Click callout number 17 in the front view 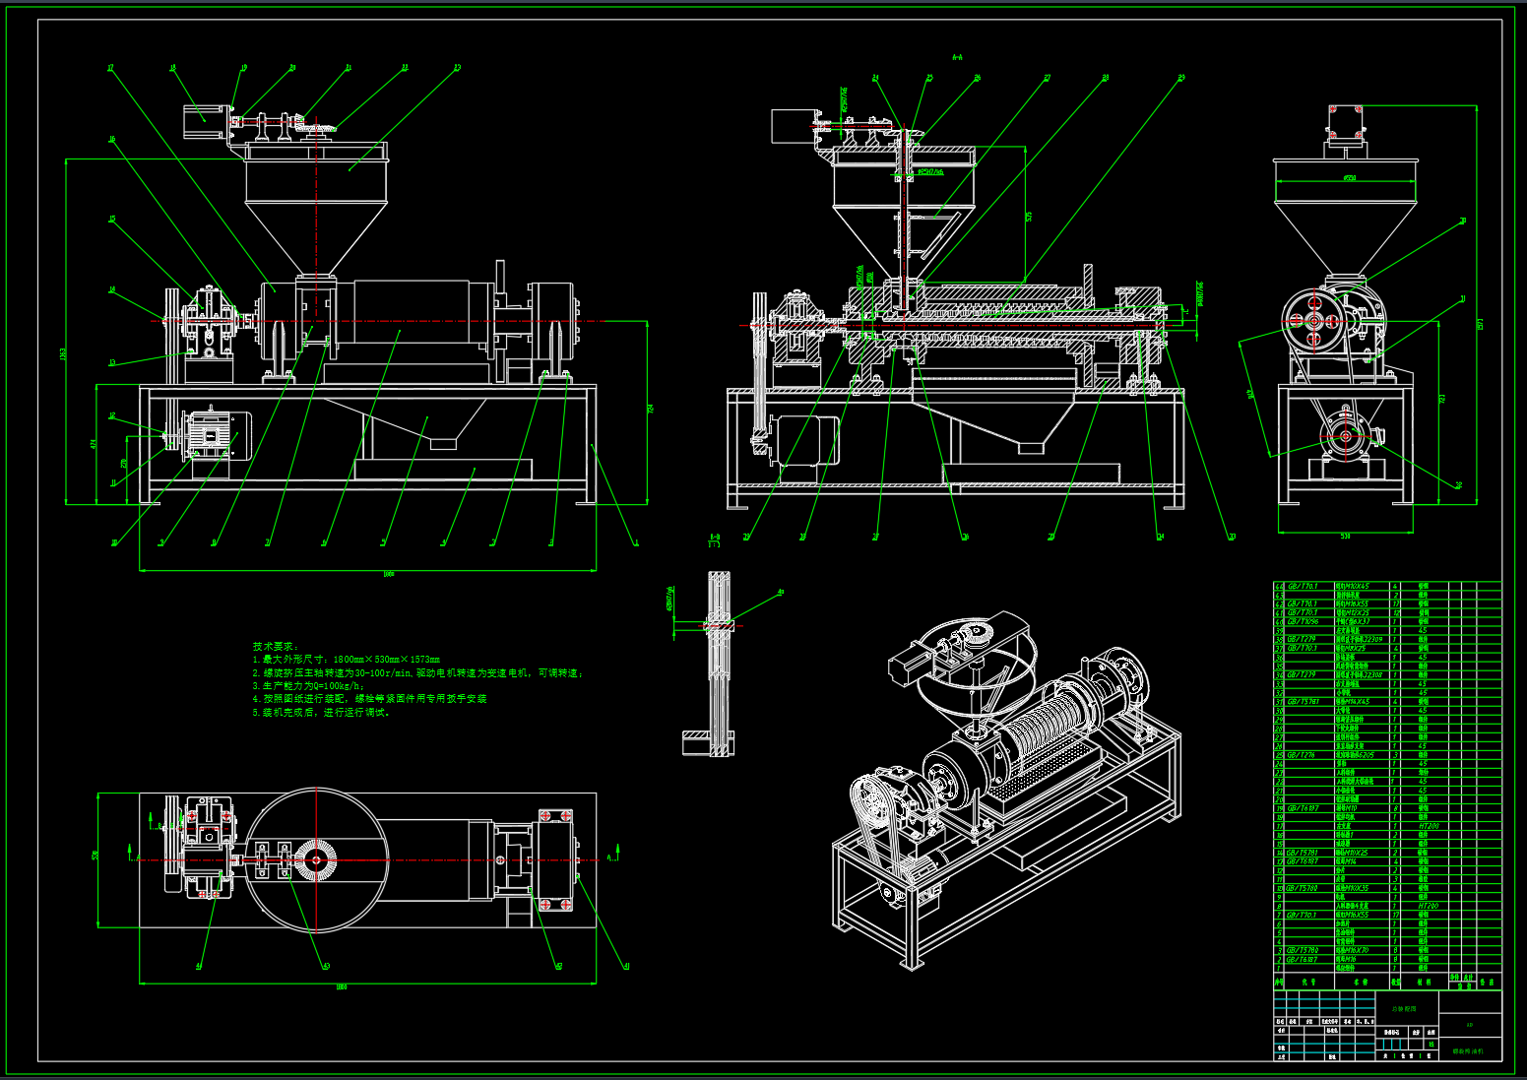(110, 68)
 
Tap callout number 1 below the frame (636, 541)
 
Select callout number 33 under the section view (1232, 537)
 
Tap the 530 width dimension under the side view (1346, 537)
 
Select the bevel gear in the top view (317, 860)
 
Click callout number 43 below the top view (327, 966)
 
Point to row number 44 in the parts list (1280, 586)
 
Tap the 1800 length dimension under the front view (388, 574)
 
